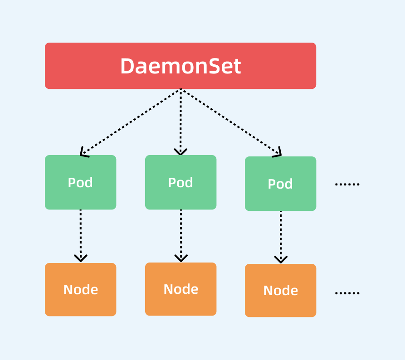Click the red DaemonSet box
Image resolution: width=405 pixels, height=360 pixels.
pos(181,66)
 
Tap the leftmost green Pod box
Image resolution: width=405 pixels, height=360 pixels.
pos(80,182)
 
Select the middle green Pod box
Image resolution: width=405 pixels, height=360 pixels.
pos(181,182)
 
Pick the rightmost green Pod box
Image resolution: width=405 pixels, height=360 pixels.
pos(280,184)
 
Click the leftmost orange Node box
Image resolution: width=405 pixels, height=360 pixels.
pos(80,289)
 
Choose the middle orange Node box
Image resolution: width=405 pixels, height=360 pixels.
pos(181,289)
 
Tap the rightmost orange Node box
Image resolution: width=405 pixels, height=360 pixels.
pos(280,290)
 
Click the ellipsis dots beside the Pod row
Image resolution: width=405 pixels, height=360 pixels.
pos(347,184)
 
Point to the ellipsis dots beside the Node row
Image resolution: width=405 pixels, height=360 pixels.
pos(347,293)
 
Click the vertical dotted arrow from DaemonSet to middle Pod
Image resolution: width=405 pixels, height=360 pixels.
pos(181,120)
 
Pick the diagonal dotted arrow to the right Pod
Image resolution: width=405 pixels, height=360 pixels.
pos(230,122)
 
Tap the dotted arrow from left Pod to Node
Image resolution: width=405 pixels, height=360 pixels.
pos(80,234)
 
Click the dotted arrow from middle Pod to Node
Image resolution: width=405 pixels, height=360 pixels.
pos(181,234)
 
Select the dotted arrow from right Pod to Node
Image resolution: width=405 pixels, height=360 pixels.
pos(280,235)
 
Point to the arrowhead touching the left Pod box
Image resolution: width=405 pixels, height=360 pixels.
pos(83,153)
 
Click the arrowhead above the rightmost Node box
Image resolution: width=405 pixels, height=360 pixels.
pos(280,259)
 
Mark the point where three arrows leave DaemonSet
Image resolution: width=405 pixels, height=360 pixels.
pos(181,89)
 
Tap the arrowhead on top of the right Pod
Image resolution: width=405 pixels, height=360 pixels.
pos(278,153)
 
